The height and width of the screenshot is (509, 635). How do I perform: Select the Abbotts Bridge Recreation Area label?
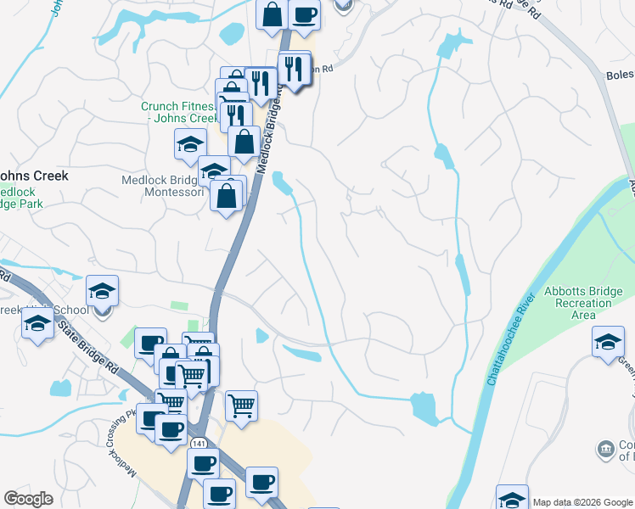pos(582,303)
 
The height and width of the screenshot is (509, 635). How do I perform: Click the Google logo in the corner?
pos(29,499)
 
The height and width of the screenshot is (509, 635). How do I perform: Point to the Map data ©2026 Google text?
pos(582,502)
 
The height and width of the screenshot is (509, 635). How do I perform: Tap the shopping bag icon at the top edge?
pos(272,14)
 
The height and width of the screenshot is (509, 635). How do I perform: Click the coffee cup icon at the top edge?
pos(304,14)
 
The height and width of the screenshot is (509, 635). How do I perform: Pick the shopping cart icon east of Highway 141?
pos(241,406)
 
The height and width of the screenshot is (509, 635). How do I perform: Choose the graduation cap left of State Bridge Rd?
pos(37,323)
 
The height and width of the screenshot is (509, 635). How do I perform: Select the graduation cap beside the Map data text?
pos(512,499)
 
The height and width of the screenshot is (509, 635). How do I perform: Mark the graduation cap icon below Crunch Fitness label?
pos(190,143)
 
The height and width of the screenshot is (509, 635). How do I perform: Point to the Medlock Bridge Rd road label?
pos(270,131)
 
